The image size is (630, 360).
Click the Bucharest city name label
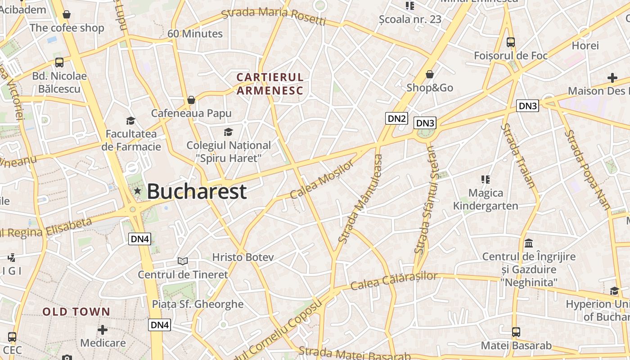[x=197, y=191]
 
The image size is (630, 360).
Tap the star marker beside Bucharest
[x=137, y=191]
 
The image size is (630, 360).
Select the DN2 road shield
[x=396, y=119]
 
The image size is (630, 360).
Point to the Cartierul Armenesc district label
[x=270, y=84]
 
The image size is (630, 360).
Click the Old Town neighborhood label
[x=76, y=311]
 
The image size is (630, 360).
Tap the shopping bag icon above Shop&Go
[x=430, y=74]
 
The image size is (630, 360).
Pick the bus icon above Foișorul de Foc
[x=511, y=42]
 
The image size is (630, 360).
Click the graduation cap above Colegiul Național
[x=229, y=132]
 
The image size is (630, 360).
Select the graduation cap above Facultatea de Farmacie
[x=131, y=121]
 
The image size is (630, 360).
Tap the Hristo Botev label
[x=243, y=257]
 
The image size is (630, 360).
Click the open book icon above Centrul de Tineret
[x=182, y=261]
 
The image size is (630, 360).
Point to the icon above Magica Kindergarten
[x=485, y=180]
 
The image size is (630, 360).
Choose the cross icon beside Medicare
[x=103, y=330]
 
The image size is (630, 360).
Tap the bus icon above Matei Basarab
[x=516, y=333]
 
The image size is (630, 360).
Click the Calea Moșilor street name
[x=322, y=180]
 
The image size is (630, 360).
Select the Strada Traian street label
[x=518, y=155]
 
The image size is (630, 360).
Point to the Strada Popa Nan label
[x=588, y=170]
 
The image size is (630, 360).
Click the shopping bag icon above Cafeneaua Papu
[x=191, y=99]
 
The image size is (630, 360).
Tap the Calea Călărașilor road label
[x=394, y=280]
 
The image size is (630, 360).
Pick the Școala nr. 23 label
[x=410, y=19]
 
